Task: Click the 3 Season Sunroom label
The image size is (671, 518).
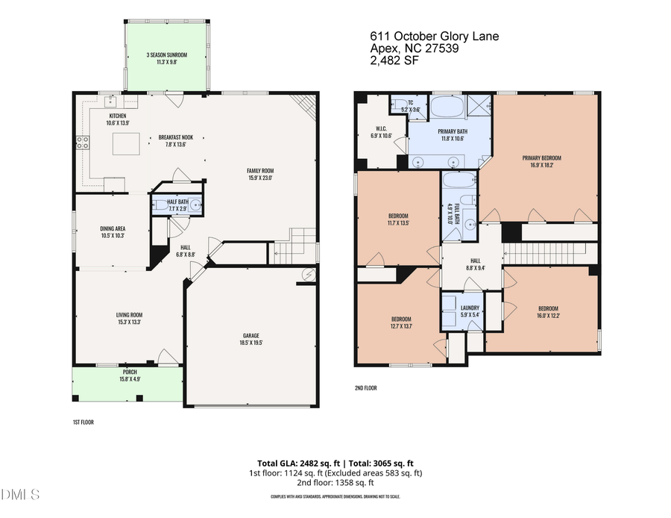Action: point(166,55)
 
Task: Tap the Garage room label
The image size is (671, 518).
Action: point(251,336)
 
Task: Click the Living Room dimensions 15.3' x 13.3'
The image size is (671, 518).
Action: point(129,322)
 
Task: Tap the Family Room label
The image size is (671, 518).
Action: point(259,171)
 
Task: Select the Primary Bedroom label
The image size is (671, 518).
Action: point(541,157)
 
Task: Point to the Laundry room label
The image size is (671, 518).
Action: point(470,307)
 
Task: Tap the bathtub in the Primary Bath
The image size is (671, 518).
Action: point(447,106)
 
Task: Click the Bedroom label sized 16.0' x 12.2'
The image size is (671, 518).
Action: point(548,308)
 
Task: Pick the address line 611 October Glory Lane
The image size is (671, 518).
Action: point(434,36)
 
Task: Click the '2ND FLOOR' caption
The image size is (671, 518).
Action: point(366,388)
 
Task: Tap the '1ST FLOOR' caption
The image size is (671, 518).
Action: point(83,422)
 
